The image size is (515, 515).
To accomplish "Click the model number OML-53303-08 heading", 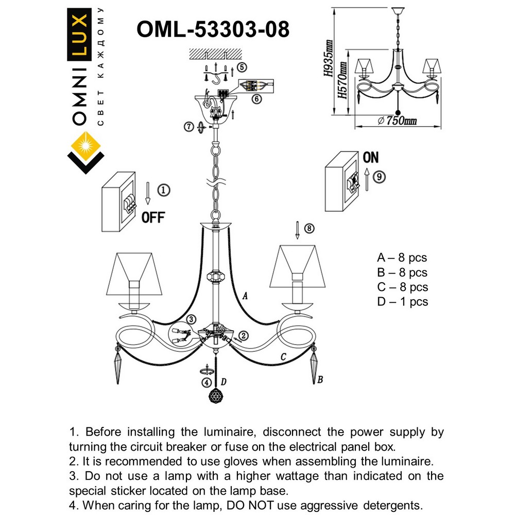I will (x=213, y=29).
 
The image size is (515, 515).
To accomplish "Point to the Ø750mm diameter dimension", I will (x=397, y=121).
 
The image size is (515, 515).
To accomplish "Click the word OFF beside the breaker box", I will (x=152, y=218).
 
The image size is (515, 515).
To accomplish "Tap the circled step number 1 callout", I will (x=162, y=190).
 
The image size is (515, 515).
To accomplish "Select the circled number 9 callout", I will (x=379, y=177).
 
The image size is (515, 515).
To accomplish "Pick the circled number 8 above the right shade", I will (x=308, y=229).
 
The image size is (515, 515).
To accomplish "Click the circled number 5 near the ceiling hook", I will (x=242, y=67).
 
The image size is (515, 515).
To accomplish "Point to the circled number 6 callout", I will (x=256, y=99).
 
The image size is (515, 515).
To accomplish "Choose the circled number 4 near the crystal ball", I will (x=207, y=383).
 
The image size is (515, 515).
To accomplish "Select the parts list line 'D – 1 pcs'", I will (x=402, y=302).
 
